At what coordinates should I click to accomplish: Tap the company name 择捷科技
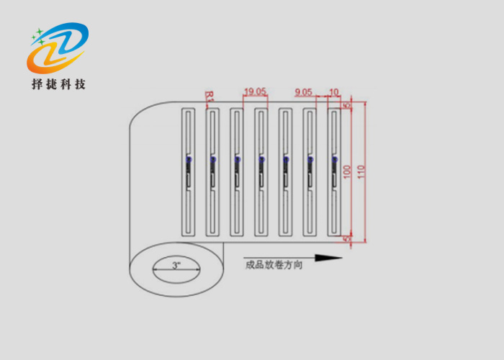(x=58, y=84)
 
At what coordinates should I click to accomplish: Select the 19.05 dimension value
(x=255, y=91)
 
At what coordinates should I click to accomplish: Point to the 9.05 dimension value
(x=304, y=91)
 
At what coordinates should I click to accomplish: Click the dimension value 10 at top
(x=333, y=91)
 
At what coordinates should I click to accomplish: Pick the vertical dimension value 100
(x=346, y=171)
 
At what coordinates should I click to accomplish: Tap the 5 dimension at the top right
(x=347, y=106)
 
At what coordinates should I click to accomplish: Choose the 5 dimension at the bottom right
(x=347, y=238)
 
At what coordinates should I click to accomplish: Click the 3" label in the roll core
(x=176, y=266)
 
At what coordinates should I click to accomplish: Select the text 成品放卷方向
(x=274, y=265)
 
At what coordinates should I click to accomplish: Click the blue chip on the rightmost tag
(x=334, y=160)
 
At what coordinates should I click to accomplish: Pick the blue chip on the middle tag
(x=261, y=160)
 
